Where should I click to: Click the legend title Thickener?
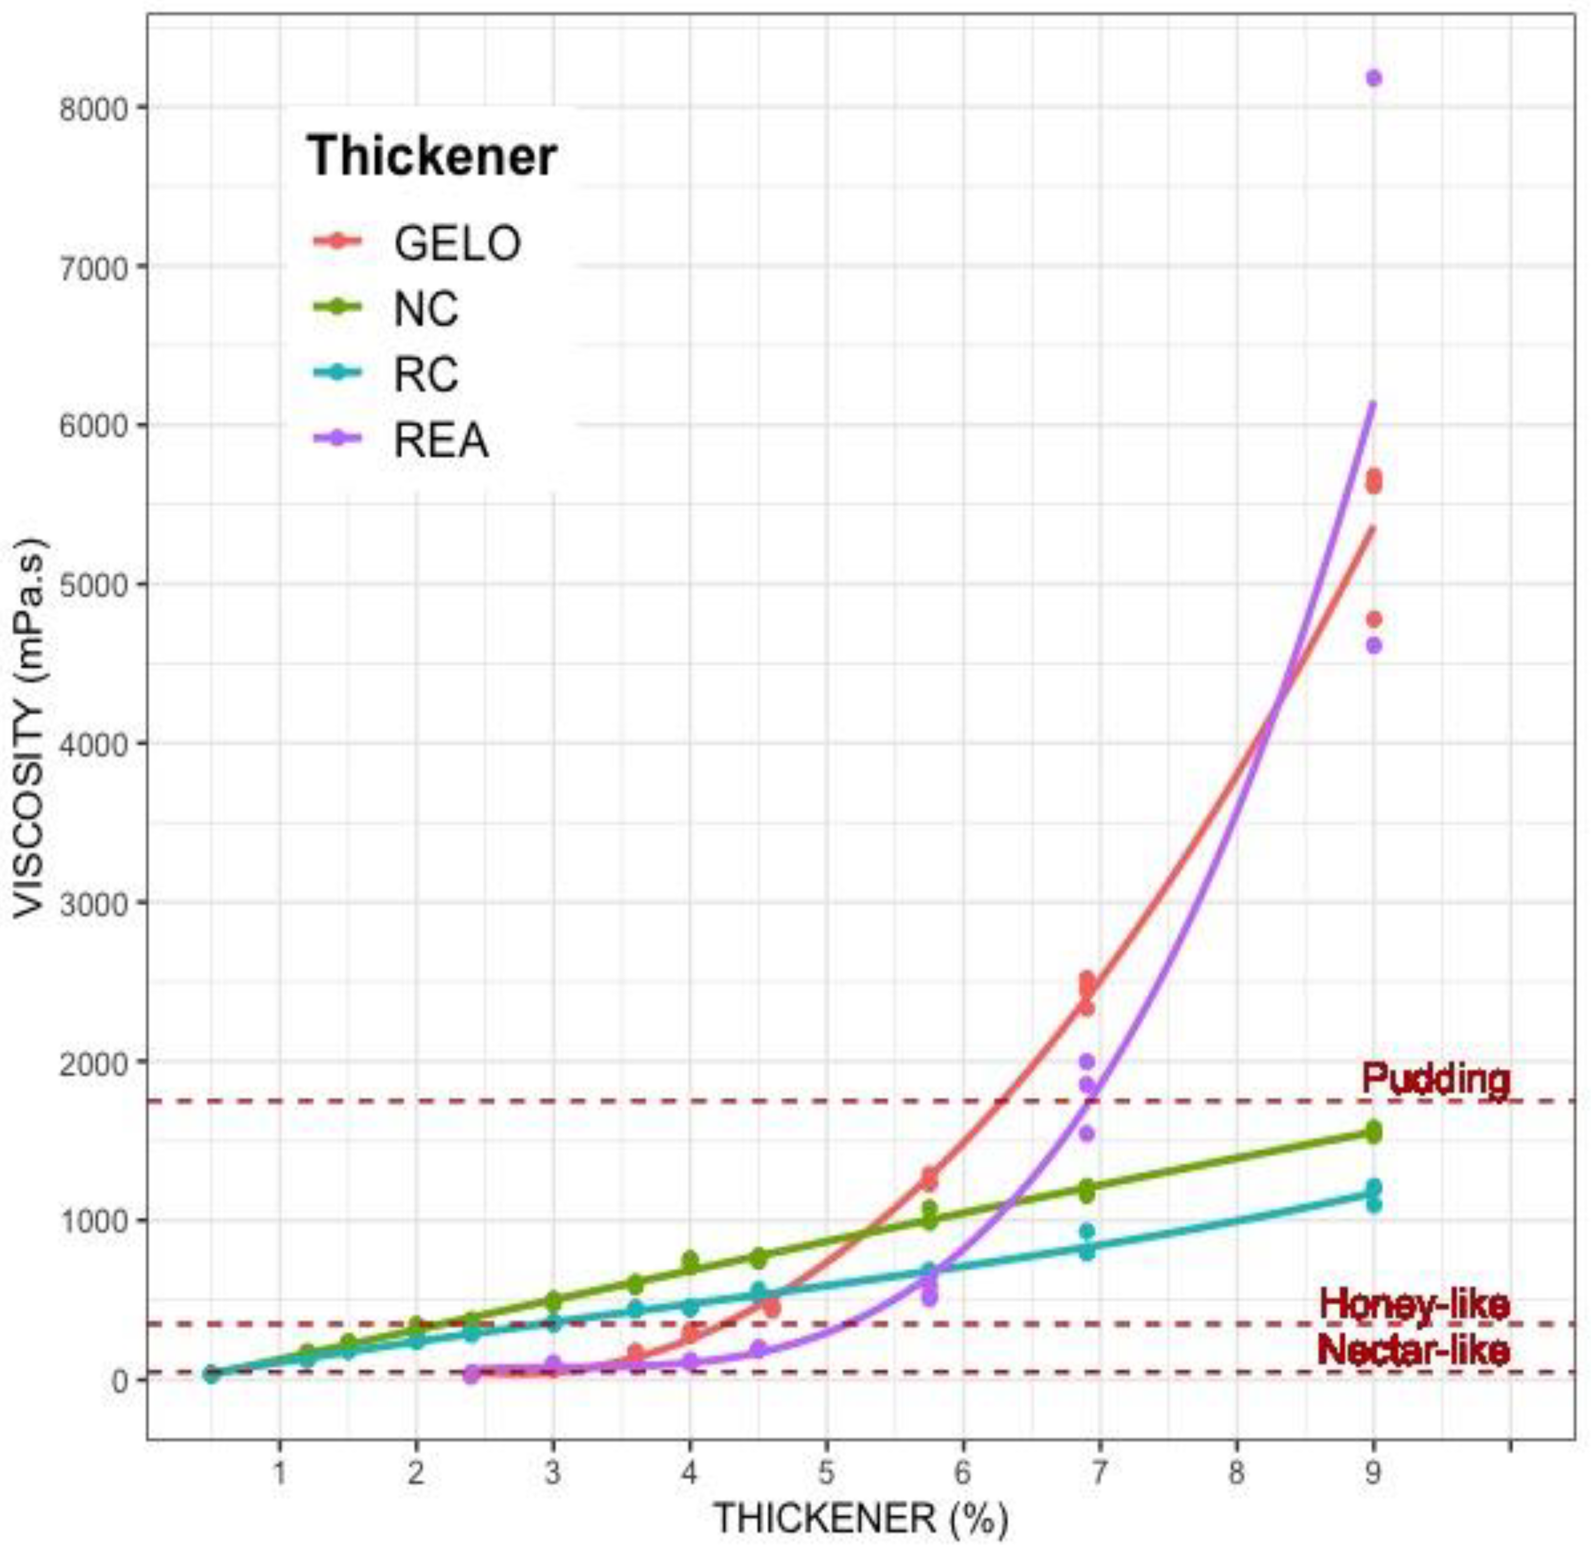tap(432, 156)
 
